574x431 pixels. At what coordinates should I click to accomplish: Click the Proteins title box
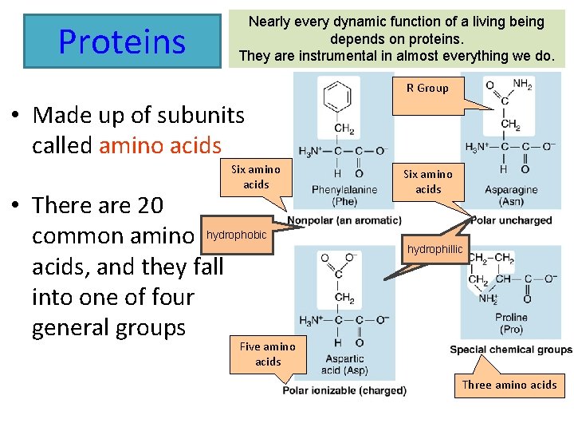pyautogui.click(x=122, y=41)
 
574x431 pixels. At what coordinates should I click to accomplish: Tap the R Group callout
pyautogui.click(x=427, y=89)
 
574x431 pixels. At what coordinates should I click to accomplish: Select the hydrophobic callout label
pyautogui.click(x=238, y=235)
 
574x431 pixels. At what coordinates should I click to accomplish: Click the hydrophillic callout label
pyautogui.click(x=434, y=250)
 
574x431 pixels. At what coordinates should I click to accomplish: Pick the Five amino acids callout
pyautogui.click(x=268, y=354)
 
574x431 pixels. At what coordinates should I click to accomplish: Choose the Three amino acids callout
pyautogui.click(x=509, y=385)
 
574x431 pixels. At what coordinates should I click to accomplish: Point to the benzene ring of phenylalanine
pyautogui.click(x=338, y=97)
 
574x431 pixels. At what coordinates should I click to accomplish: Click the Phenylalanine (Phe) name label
pyautogui.click(x=345, y=196)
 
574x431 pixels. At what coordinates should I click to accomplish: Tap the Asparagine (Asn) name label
pyautogui.click(x=510, y=196)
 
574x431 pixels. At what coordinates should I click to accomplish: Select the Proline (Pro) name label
pyautogui.click(x=511, y=323)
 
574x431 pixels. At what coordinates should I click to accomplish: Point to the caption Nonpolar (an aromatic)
pyautogui.click(x=344, y=220)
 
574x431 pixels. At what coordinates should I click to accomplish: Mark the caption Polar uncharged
pyautogui.click(x=511, y=220)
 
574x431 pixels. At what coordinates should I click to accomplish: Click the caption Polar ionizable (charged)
pyautogui.click(x=344, y=390)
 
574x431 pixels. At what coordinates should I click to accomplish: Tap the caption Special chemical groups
pyautogui.click(x=511, y=350)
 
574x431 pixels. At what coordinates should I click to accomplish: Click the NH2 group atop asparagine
pyautogui.click(x=522, y=84)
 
